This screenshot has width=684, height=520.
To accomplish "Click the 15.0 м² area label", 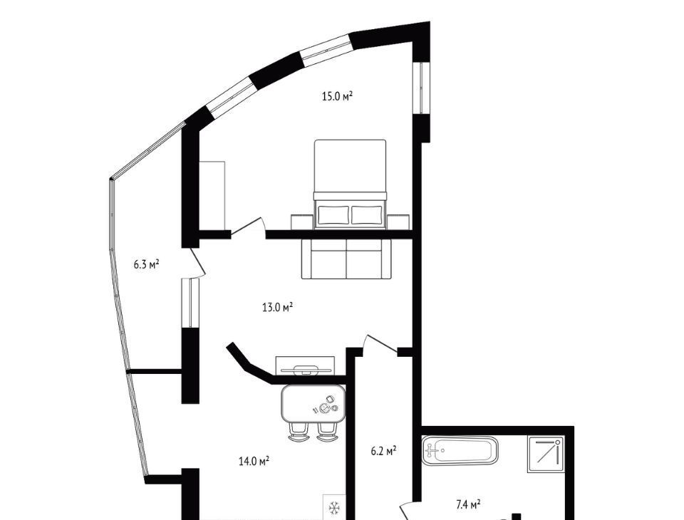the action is pyautogui.click(x=337, y=96).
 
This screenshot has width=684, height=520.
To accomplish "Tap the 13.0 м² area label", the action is pyautogui.click(x=277, y=307).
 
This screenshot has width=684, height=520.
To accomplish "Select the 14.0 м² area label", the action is pyautogui.click(x=254, y=461).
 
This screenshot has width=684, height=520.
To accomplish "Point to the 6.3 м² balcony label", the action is pyautogui.click(x=146, y=264).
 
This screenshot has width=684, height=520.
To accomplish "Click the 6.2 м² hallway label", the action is pyautogui.click(x=383, y=450).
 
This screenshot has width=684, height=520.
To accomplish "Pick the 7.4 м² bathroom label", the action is pyautogui.click(x=468, y=505).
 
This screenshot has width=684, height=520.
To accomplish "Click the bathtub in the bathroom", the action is pyautogui.click(x=460, y=450).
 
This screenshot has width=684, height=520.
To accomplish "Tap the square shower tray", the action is pyautogui.click(x=546, y=454).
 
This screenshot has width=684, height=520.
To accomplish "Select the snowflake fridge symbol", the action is pyautogui.click(x=335, y=508).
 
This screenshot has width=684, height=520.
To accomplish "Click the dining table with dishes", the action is pyautogui.click(x=313, y=403).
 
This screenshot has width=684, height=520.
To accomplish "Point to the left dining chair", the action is pyautogui.click(x=298, y=432).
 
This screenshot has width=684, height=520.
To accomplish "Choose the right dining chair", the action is pyautogui.click(x=327, y=432).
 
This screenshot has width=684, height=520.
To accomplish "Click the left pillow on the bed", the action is pyautogui.click(x=333, y=214).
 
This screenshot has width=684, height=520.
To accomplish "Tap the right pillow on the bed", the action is pyautogui.click(x=367, y=214).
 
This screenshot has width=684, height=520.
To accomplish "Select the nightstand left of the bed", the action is pyautogui.click(x=302, y=222).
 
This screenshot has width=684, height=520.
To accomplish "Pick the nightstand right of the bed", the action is pyautogui.click(x=398, y=222).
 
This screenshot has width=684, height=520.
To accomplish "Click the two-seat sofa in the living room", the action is pyautogui.click(x=347, y=259).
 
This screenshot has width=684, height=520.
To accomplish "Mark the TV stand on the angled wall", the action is pyautogui.click(x=306, y=365).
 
